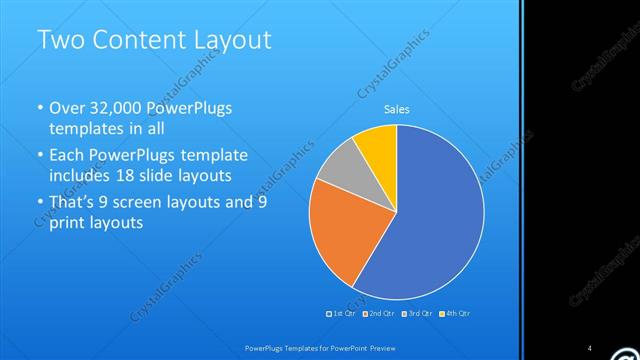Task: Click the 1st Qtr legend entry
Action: (x=341, y=314)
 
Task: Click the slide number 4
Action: (x=589, y=347)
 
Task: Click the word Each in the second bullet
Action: (x=68, y=155)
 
